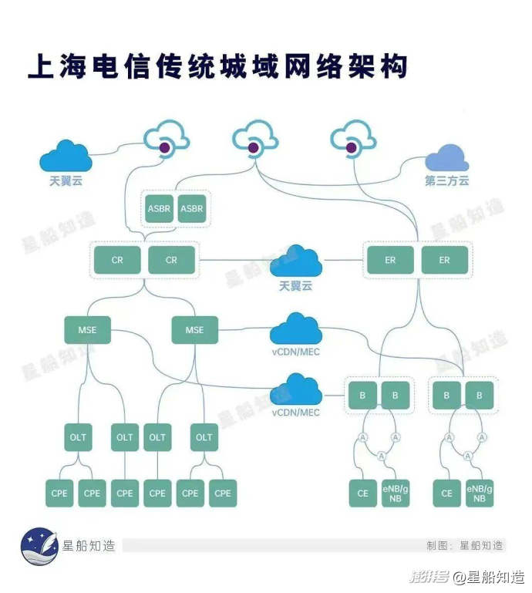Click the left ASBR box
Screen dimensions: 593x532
click(159, 209)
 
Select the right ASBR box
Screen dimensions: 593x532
click(192, 209)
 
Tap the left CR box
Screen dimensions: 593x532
click(117, 260)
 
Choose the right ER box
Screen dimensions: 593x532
click(444, 260)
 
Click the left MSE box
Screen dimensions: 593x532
click(87, 330)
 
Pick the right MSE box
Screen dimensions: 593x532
click(195, 330)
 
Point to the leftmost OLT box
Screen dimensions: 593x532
click(79, 437)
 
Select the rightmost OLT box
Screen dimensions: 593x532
click(204, 437)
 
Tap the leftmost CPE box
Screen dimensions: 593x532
click(59, 493)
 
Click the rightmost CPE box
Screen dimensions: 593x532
click(223, 493)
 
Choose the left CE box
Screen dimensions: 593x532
click(363, 493)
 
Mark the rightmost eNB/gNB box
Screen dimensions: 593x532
click(480, 493)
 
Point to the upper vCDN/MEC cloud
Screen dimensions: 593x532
click(295, 330)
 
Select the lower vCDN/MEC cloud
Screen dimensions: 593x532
click(295, 390)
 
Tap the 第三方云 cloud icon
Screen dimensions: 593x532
click(447, 158)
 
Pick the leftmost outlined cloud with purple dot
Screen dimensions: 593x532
click(167, 140)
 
